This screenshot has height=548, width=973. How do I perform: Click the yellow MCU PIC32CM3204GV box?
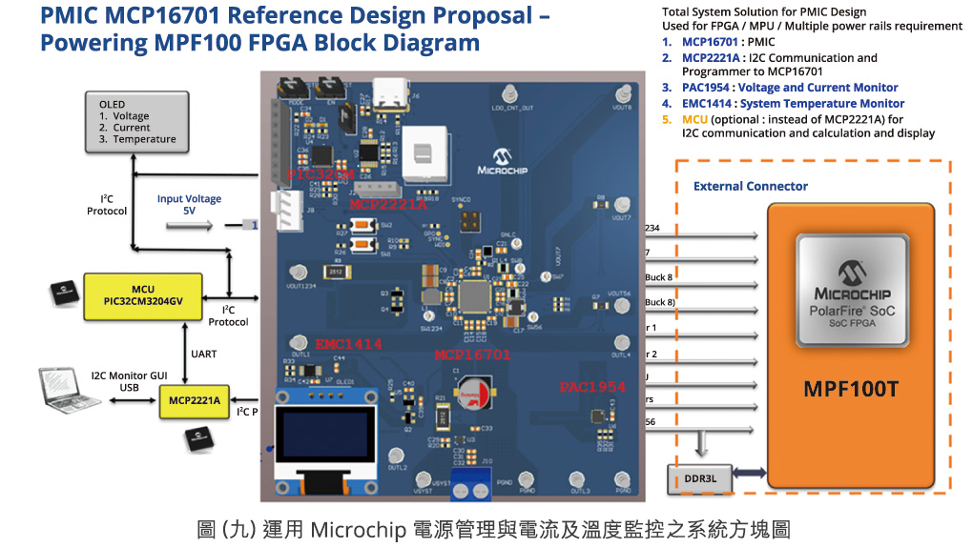click(142, 294)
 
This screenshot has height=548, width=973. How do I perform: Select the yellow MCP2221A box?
click(196, 401)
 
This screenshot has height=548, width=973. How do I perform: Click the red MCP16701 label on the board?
click(472, 355)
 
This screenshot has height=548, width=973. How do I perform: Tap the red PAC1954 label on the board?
click(591, 387)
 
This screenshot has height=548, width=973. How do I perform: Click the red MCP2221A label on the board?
click(388, 204)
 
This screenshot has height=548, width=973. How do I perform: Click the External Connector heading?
click(750, 186)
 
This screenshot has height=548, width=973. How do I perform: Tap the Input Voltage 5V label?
click(189, 205)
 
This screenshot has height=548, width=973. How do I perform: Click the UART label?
click(203, 354)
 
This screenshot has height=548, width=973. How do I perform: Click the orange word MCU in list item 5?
click(694, 119)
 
